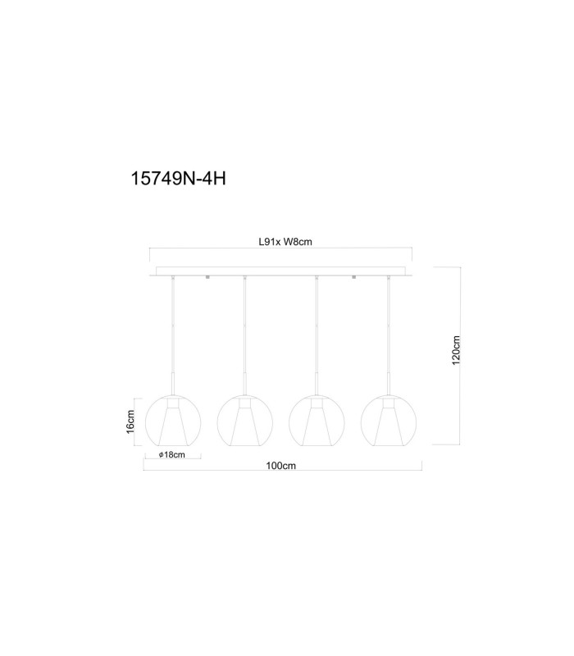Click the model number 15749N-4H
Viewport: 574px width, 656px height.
(178, 179)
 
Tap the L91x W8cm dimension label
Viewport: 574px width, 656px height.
(285, 242)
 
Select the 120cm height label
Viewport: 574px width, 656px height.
(456, 350)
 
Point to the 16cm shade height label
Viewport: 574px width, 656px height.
(130, 421)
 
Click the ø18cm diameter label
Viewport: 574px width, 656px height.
(172, 454)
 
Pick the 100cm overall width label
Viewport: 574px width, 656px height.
(280, 466)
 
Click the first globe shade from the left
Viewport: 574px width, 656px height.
(173, 421)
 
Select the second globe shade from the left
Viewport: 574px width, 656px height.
(244, 421)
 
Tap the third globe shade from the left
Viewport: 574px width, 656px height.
(317, 421)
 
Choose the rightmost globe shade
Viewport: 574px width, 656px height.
(389, 421)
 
